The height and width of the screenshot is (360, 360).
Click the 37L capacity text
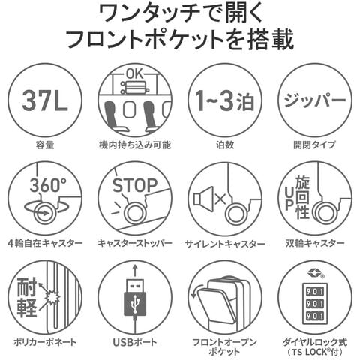45,100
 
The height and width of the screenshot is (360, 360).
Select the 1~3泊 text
225,100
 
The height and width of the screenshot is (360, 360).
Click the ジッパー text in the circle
315,100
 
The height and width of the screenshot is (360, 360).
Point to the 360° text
48,185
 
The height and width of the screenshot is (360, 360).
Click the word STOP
135,185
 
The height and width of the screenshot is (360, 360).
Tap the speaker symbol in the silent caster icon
203,199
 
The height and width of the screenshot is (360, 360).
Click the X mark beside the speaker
220,199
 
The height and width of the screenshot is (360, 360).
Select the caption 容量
45,145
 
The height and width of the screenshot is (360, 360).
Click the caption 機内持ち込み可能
135,145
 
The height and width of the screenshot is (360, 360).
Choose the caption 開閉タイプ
315,145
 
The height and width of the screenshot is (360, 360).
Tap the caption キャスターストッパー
135,243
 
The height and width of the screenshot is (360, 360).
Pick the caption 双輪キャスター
315,243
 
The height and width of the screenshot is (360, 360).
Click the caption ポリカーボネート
45,342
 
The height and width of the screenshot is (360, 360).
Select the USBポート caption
135,342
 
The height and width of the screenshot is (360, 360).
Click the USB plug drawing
135,298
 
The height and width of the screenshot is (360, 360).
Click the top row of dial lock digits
315,292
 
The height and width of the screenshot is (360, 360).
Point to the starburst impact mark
52,297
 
